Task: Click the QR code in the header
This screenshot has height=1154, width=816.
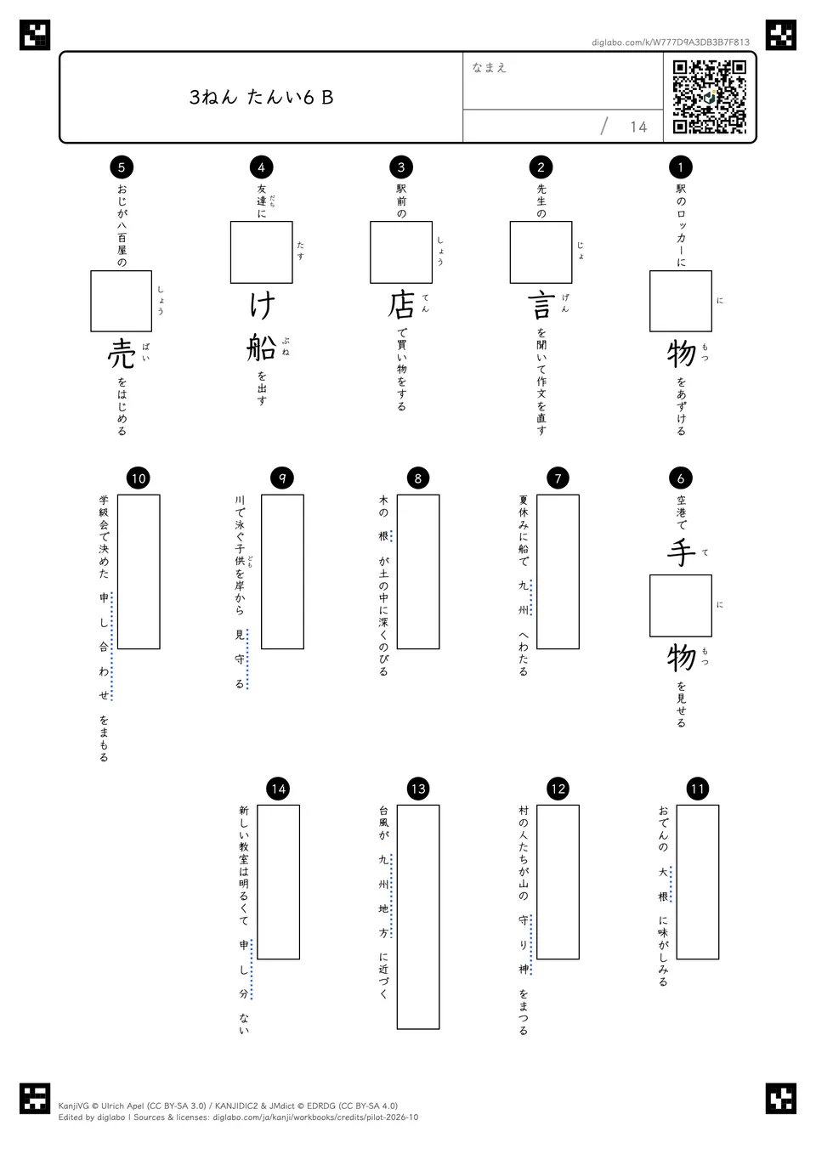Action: point(710,97)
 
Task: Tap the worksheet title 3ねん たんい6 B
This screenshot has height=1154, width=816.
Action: point(261,98)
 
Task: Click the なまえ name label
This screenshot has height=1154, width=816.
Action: point(490,67)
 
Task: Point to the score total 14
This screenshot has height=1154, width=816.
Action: point(638,127)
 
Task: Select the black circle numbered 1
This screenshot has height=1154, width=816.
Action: point(681,167)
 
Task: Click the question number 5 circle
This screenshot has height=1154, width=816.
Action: point(122,167)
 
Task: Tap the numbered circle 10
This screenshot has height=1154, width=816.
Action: point(138,478)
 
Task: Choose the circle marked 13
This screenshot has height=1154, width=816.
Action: point(418,789)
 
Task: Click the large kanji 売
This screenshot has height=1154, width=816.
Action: point(122,354)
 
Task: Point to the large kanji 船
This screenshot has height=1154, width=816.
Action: point(261,347)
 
